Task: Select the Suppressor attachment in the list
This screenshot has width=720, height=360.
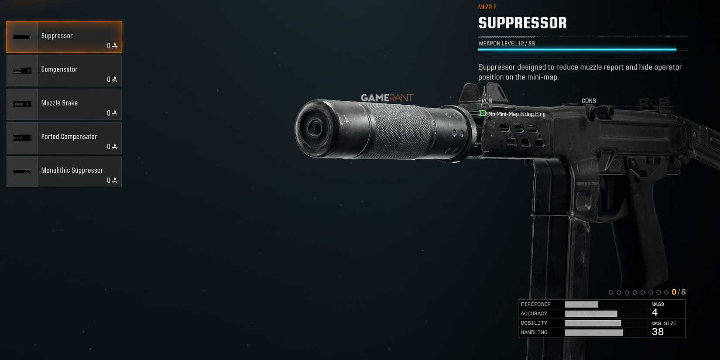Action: (x=64, y=37)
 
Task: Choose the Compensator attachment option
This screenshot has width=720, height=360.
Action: (x=64, y=71)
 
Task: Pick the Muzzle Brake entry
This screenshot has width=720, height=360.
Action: (x=64, y=104)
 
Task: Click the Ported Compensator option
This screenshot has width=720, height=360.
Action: (x=64, y=138)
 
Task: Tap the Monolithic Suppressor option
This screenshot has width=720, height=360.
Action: (x=64, y=171)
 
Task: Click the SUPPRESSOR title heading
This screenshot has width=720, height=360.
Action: (x=522, y=23)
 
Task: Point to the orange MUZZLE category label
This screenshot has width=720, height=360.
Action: (x=487, y=7)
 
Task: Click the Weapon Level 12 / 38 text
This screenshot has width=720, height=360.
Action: (x=506, y=43)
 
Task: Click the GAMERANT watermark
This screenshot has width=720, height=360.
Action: (x=387, y=98)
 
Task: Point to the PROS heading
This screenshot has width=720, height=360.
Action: (x=485, y=101)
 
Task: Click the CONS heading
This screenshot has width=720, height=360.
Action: (x=588, y=101)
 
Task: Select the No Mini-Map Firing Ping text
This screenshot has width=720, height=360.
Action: (x=517, y=114)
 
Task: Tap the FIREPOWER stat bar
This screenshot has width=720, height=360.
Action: (x=581, y=305)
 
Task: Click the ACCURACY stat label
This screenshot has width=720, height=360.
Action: (x=534, y=314)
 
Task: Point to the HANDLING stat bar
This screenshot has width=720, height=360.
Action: (x=593, y=333)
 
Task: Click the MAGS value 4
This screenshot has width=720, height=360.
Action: (x=655, y=312)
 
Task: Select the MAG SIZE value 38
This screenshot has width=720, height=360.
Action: (x=658, y=332)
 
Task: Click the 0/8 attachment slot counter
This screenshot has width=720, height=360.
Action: (x=679, y=292)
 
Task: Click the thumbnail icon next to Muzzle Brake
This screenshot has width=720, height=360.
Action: (x=22, y=104)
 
